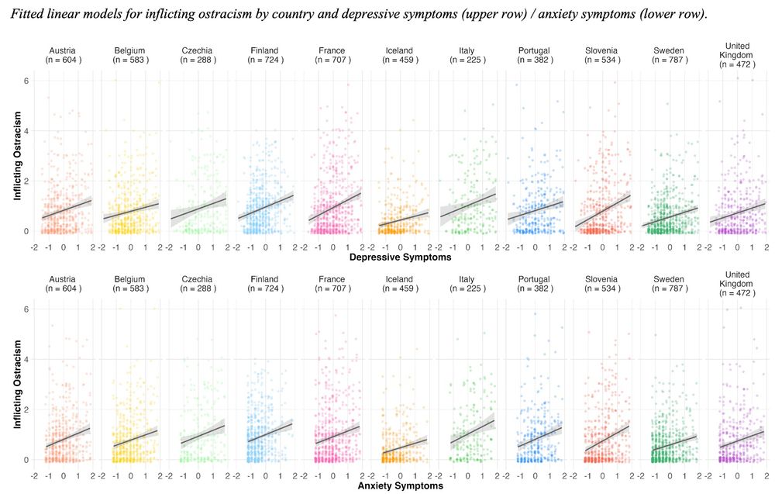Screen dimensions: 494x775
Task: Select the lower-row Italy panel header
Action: (467, 283)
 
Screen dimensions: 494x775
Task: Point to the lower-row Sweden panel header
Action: (668, 283)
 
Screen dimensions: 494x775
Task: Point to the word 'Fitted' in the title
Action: (32, 15)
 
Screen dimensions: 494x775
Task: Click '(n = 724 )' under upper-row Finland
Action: (265, 60)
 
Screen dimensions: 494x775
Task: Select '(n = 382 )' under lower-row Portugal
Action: (534, 288)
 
